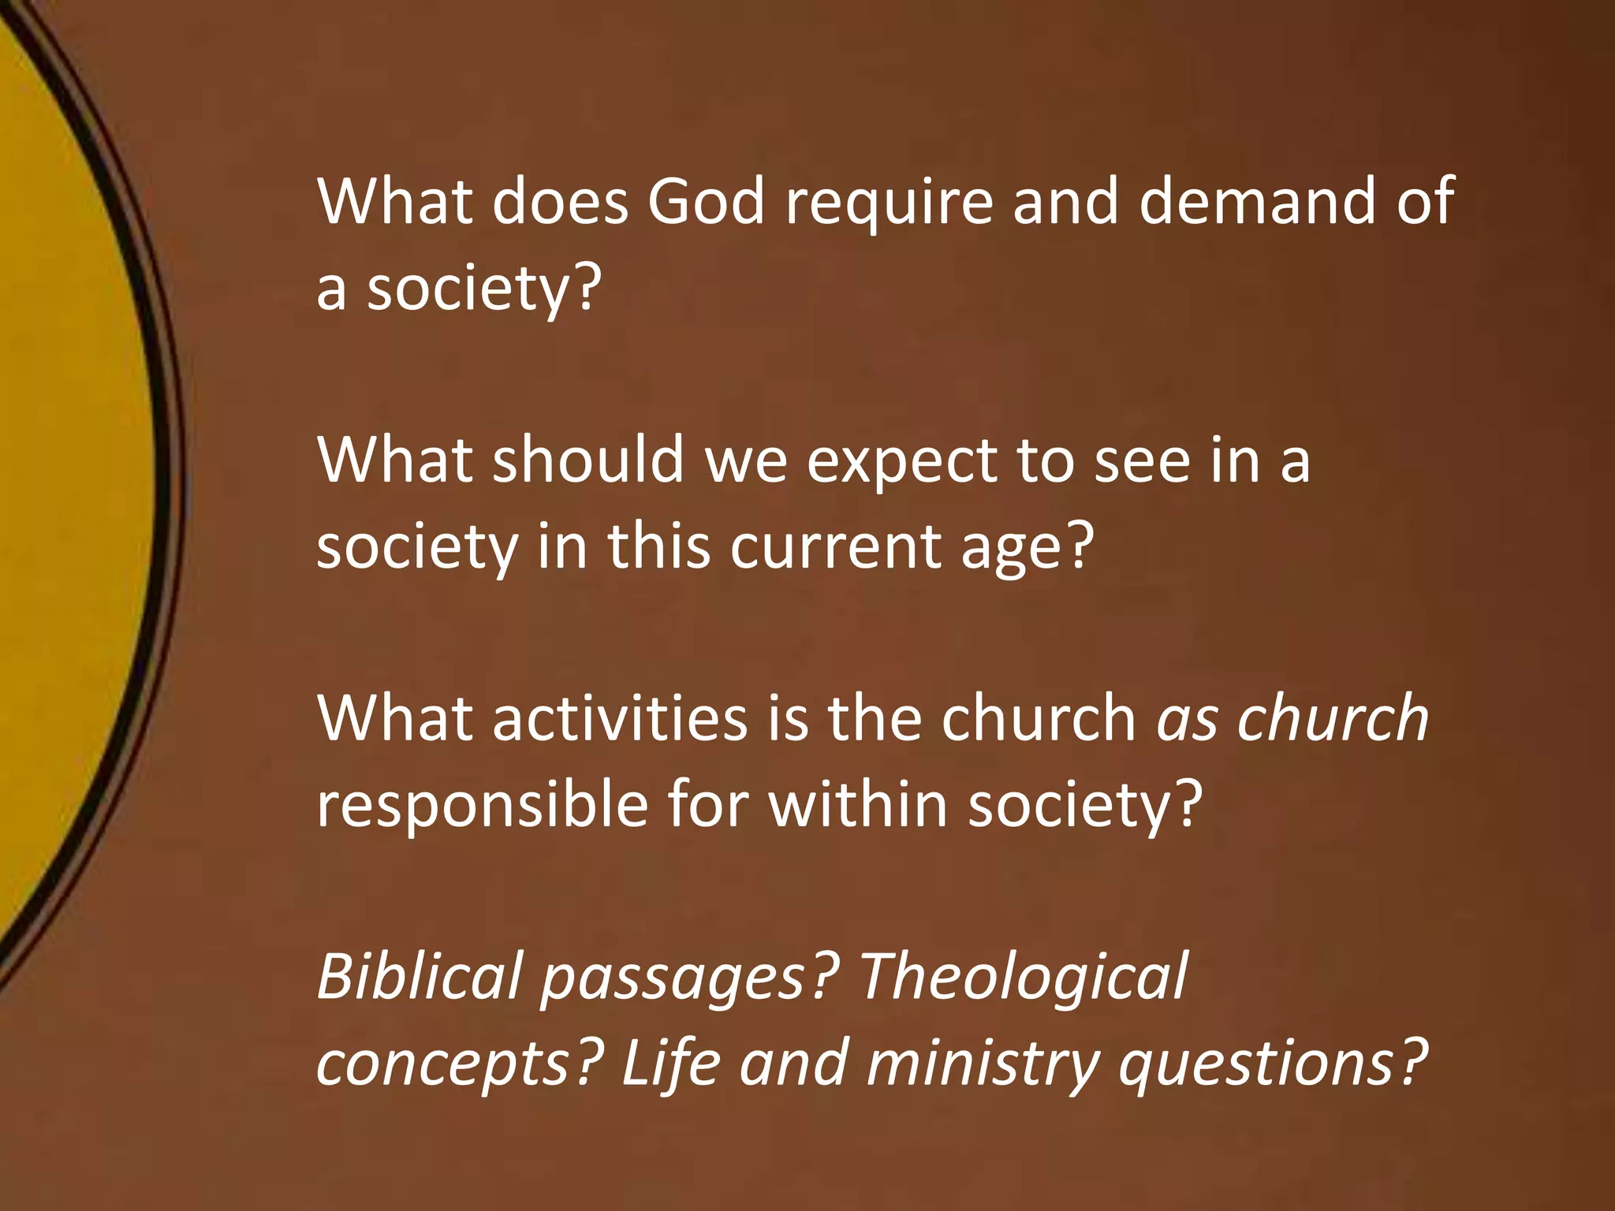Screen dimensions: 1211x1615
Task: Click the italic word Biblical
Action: (x=420, y=976)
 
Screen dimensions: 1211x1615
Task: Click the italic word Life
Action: (x=670, y=1062)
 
